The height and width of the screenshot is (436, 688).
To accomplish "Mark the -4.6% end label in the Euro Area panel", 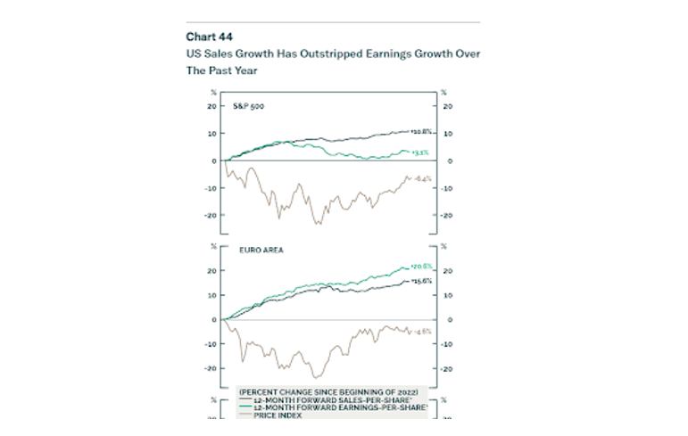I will (x=422, y=331).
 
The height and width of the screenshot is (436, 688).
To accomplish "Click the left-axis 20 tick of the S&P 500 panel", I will (x=211, y=106).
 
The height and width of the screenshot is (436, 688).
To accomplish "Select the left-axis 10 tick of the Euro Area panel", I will (x=211, y=295).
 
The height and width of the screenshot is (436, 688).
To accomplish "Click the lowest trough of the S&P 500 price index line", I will (x=317, y=224).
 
